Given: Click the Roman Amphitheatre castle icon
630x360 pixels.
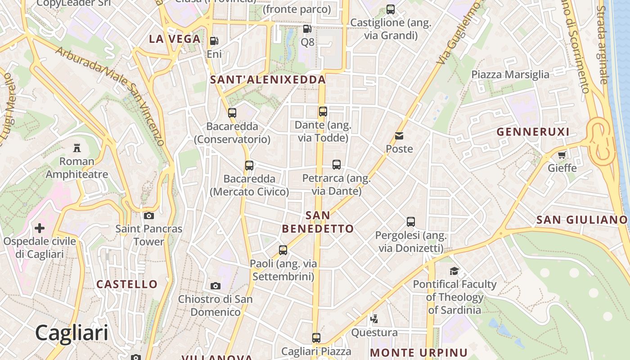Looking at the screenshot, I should tap(77, 148).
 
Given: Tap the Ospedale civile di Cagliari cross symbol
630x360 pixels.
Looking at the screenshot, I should tap(40, 228).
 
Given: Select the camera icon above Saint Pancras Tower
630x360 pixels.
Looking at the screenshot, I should tap(149, 216).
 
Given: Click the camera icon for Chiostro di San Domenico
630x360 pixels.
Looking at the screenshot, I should tap(216, 286).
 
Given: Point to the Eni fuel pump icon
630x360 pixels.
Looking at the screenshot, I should tap(214, 41).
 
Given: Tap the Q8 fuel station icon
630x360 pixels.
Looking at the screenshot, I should tap(307, 29).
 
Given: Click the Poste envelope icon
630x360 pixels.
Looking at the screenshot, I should tap(399, 135).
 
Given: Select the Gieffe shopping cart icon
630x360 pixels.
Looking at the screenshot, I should tap(562, 155).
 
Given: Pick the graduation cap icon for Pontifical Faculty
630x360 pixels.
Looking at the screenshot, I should tap(454, 271).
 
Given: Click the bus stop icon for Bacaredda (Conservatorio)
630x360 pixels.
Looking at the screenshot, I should tap(232, 113).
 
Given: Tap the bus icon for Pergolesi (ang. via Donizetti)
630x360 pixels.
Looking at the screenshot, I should tap(411, 221).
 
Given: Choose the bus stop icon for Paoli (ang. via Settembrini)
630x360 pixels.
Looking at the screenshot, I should tap(283, 250).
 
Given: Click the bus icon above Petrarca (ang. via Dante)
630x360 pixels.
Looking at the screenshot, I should tap(337, 165).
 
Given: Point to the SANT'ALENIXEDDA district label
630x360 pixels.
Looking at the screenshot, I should tap(268, 80).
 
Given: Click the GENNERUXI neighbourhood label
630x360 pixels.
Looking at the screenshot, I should tap(533, 132).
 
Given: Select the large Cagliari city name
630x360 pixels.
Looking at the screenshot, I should tap(72, 333).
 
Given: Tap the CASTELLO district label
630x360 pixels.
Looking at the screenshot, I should tap(127, 284).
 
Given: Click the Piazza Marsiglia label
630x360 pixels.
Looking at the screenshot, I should tap(510, 74).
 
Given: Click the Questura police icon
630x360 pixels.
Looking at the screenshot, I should tap(373, 319).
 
